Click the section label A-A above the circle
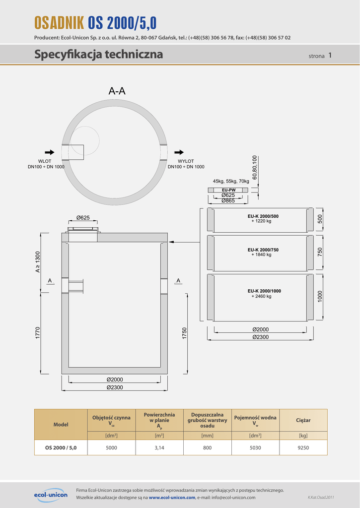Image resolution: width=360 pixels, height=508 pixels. point(117,91)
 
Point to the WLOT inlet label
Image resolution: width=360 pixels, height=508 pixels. point(45,161)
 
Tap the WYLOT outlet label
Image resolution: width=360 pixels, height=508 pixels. point(185,161)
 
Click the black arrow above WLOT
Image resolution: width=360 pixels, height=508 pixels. point(49,152)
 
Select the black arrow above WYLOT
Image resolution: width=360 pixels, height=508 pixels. point(180,152)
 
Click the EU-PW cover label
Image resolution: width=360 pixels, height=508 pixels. point(228,190)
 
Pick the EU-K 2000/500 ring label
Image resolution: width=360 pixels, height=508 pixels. point(263,216)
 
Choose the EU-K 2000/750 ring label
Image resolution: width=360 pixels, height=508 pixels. point(263,250)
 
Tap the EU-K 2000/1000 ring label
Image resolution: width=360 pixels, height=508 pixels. point(264,291)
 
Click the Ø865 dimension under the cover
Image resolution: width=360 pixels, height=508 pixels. point(228,200)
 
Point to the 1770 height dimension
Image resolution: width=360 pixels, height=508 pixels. point(38,333)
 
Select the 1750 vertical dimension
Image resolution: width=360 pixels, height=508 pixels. point(185,333)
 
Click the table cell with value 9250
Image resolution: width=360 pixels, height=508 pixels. point(303,447)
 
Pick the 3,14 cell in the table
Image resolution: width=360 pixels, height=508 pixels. point(159,447)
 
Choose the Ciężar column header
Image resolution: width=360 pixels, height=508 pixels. point(303,420)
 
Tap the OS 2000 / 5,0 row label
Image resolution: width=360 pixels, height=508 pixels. point(61,447)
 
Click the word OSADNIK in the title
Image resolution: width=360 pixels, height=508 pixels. point(59,23)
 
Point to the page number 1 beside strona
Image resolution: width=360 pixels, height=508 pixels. point(330,56)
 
